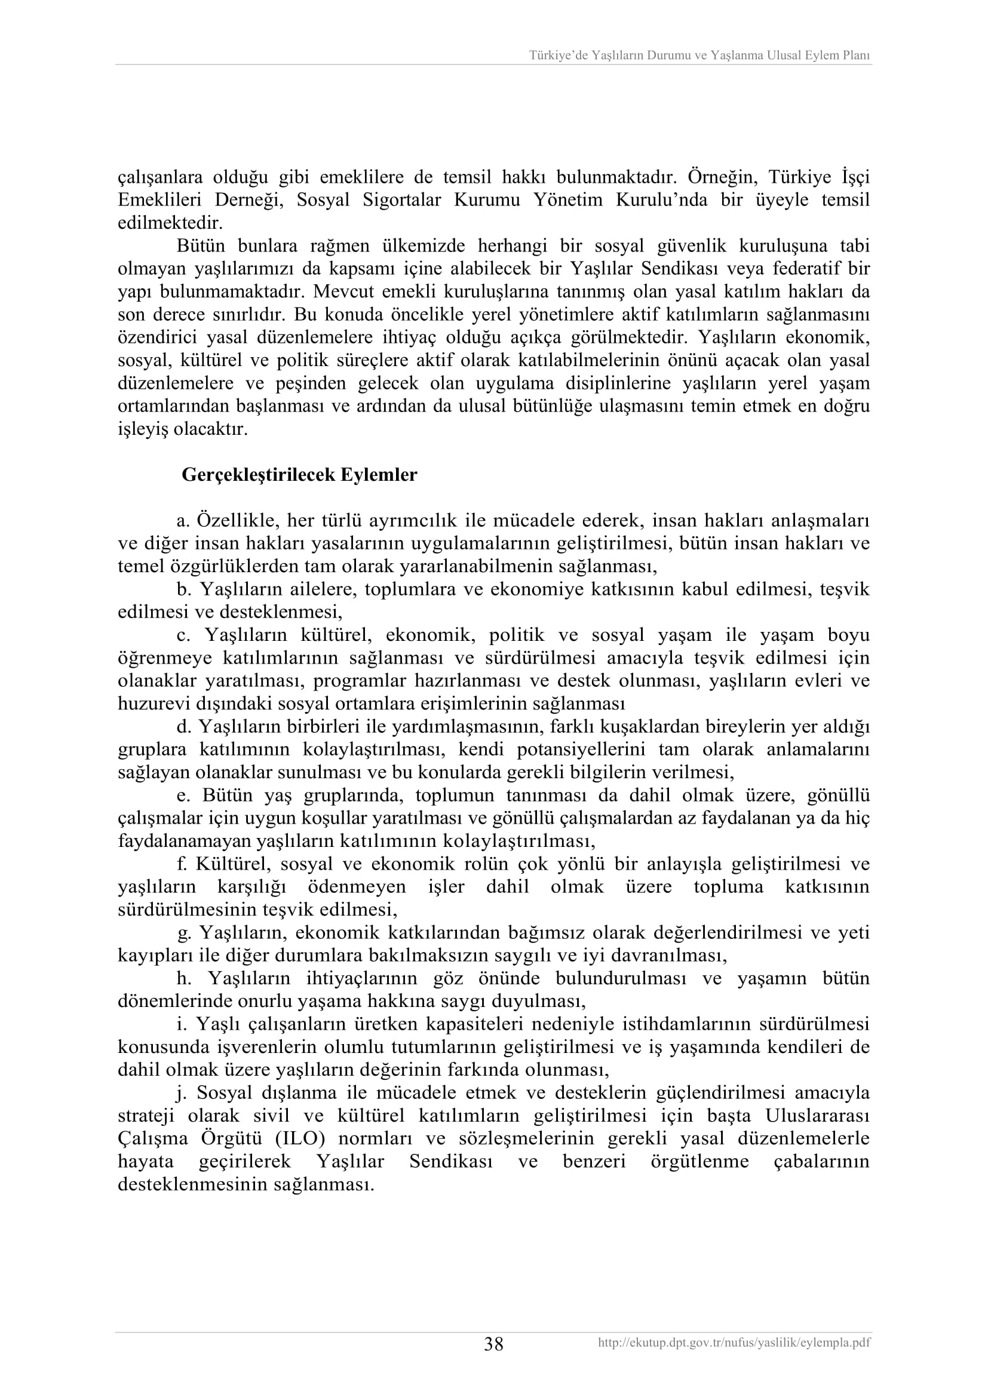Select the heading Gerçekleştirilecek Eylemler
tap(299, 475)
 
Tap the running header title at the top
tap(699, 56)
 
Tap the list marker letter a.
tap(180, 521)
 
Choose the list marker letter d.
tap(180, 726)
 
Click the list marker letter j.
tap(180, 1093)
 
